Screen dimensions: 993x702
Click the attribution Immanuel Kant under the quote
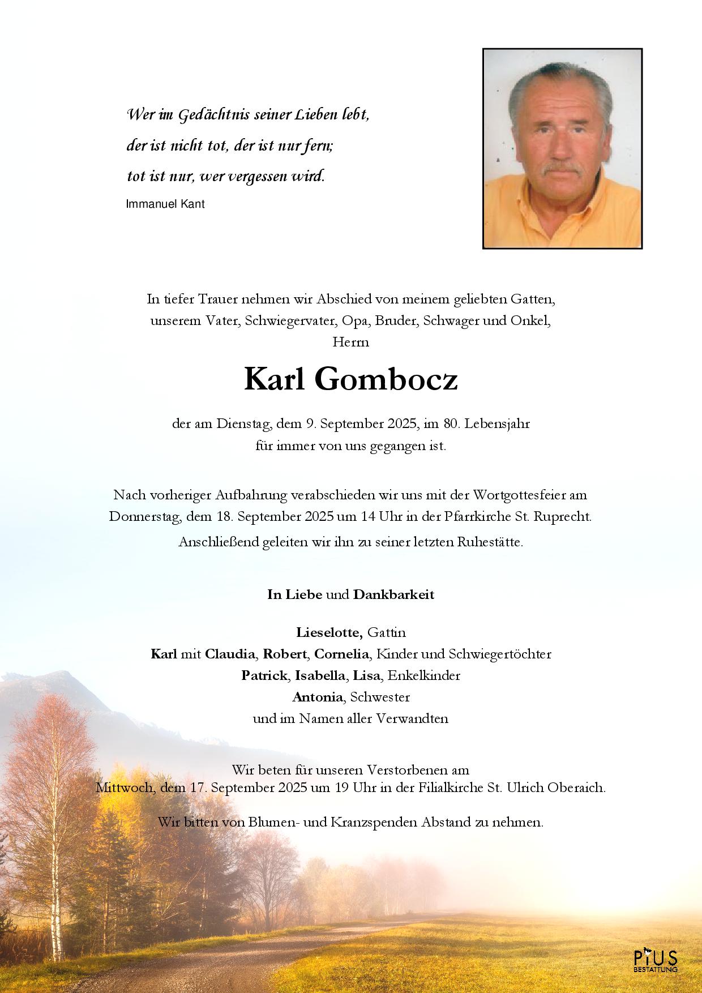coord(165,204)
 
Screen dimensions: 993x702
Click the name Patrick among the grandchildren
coord(264,675)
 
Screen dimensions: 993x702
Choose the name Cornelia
coord(342,654)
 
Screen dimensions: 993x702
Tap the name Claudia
coord(229,654)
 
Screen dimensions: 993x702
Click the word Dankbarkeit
coord(393,595)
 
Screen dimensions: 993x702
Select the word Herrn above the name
coord(351,343)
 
